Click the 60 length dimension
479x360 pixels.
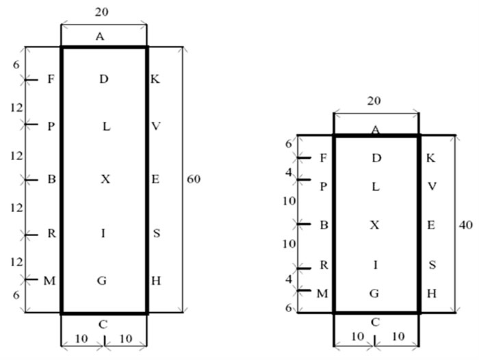(193, 179)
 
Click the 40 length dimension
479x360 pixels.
(465, 224)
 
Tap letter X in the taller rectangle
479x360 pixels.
(105, 179)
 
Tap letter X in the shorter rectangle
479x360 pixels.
(375, 224)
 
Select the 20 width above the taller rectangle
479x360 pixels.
(103, 12)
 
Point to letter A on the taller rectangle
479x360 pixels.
(100, 37)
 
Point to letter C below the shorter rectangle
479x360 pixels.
(375, 322)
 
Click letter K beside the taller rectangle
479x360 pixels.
(155, 79)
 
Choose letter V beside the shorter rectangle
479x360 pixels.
(430, 186)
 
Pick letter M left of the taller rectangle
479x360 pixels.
(49, 279)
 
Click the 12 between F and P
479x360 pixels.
(15, 107)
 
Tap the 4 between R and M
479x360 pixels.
(289, 279)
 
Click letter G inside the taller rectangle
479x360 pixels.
(101, 280)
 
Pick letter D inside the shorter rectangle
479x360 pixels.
(376, 158)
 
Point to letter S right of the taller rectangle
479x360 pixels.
(156, 233)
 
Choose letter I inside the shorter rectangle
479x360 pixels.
(376, 263)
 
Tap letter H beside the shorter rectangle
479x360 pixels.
(431, 293)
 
